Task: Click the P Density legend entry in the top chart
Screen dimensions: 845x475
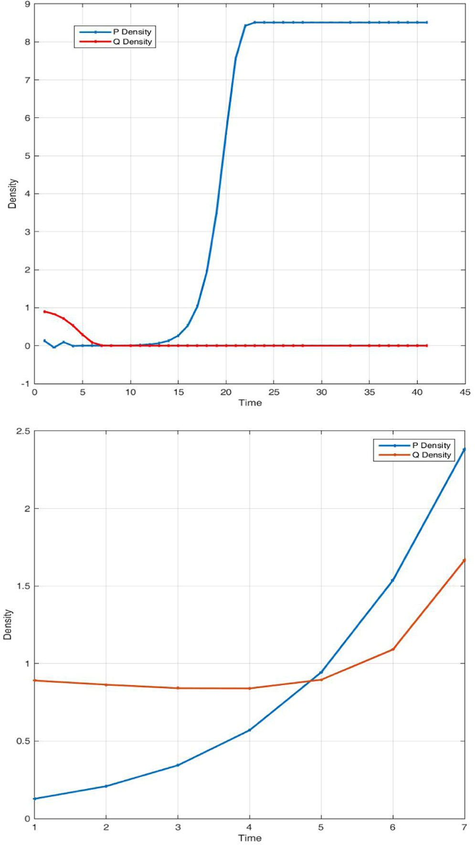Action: pyautogui.click(x=132, y=32)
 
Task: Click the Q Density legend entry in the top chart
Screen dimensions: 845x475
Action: pyautogui.click(x=132, y=42)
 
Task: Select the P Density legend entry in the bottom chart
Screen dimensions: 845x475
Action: pyautogui.click(x=431, y=445)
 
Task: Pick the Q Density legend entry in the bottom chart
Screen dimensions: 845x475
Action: pyautogui.click(x=431, y=455)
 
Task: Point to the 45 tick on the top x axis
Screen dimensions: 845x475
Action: pyautogui.click(x=465, y=392)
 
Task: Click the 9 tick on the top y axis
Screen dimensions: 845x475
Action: pyautogui.click(x=27, y=4)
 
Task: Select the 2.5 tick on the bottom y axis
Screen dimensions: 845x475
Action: pyautogui.click(x=22, y=431)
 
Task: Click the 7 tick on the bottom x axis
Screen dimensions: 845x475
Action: pyautogui.click(x=464, y=827)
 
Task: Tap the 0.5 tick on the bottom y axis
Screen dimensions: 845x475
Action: pyautogui.click(x=22, y=741)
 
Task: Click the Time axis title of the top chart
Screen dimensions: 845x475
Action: pyautogui.click(x=250, y=403)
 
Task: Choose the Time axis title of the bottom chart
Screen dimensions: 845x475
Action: pyautogui.click(x=250, y=838)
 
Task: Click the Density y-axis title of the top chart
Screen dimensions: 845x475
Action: pyautogui.click(x=12, y=194)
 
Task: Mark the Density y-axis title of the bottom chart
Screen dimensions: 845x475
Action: pyautogui.click(x=8, y=625)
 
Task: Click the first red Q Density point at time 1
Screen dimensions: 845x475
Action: pyautogui.click(x=44, y=312)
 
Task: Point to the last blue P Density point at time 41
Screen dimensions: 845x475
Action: pyautogui.click(x=426, y=22)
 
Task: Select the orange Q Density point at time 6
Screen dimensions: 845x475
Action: pyautogui.click(x=393, y=649)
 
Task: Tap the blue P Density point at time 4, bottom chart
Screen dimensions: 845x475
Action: pyautogui.click(x=249, y=730)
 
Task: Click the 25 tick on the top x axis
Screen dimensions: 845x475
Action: pyautogui.click(x=274, y=392)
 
